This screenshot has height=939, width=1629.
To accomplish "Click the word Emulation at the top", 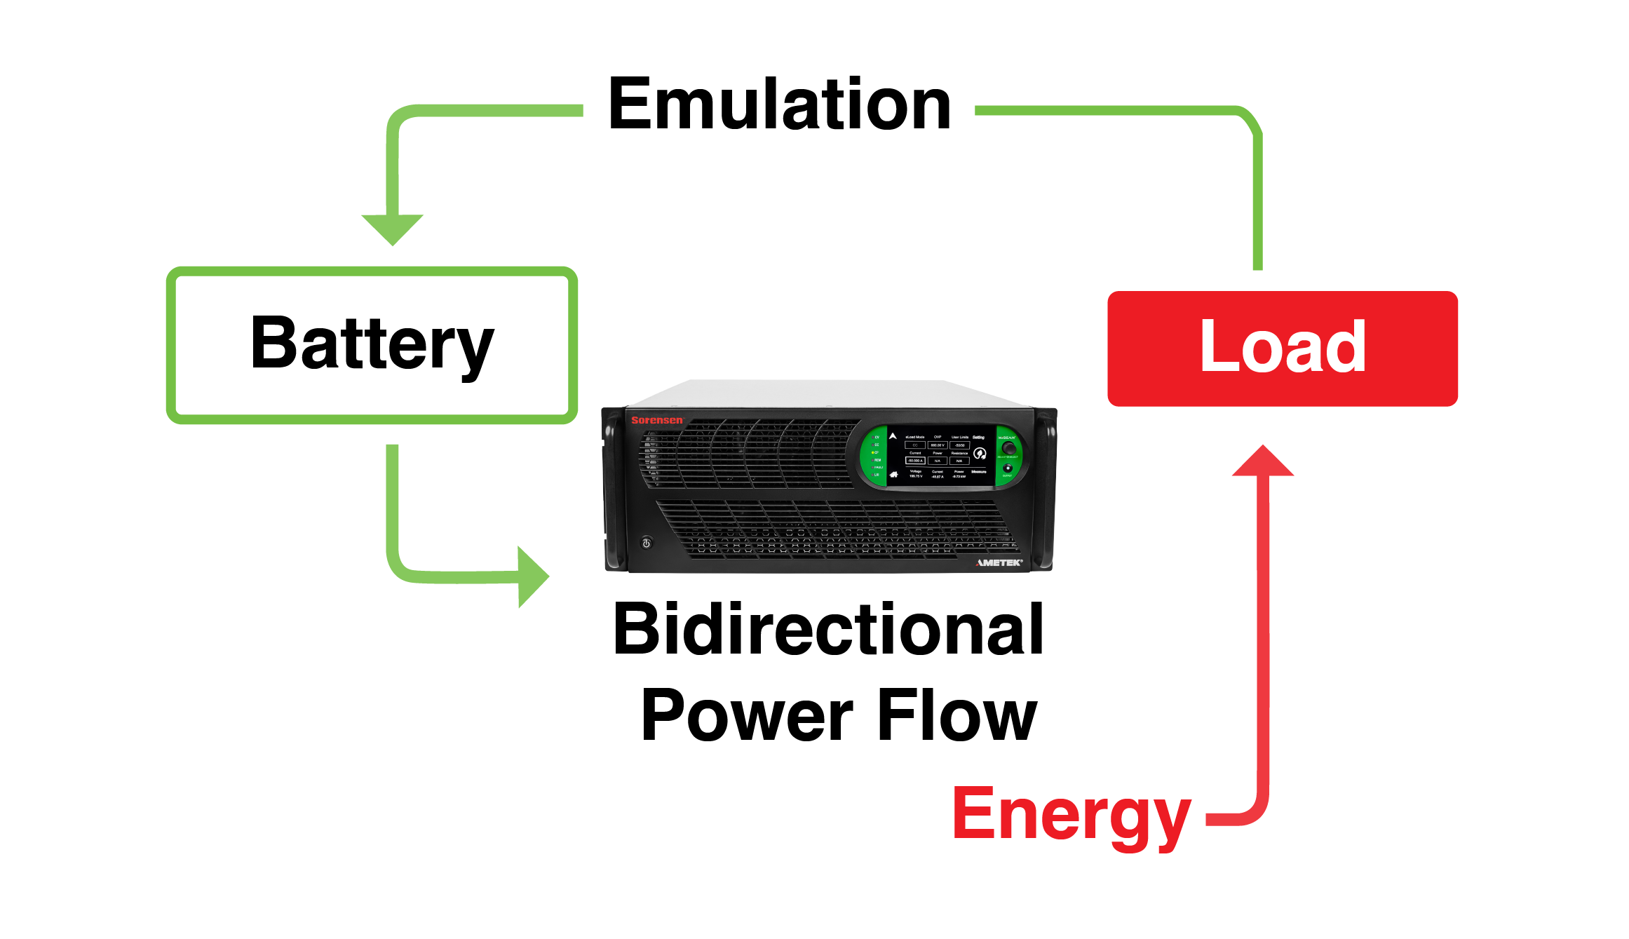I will (779, 105).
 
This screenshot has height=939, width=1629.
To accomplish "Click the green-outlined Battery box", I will (372, 345).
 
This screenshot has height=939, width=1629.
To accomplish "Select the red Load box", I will (1282, 349).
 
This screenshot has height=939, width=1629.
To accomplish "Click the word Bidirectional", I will (828, 630).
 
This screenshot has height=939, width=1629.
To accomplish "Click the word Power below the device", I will (746, 715).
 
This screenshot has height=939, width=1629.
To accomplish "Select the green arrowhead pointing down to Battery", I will (392, 229).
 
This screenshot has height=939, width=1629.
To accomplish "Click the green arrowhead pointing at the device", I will (532, 576).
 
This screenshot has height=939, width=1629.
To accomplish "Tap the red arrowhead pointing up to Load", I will (1263, 462).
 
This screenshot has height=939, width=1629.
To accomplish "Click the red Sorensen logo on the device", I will (656, 420).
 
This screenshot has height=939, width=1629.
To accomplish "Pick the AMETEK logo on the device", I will (999, 562).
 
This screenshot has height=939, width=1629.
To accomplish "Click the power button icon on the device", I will (647, 543).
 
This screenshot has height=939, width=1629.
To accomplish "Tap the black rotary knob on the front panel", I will (1008, 448).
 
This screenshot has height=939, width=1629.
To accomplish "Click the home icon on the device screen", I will (893, 475).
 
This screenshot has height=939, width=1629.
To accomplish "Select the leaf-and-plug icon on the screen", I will (980, 453).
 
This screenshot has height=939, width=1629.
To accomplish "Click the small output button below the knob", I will (1008, 468).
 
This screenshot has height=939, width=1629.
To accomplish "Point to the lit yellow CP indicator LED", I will (873, 452).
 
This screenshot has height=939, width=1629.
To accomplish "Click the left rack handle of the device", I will (614, 491).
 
